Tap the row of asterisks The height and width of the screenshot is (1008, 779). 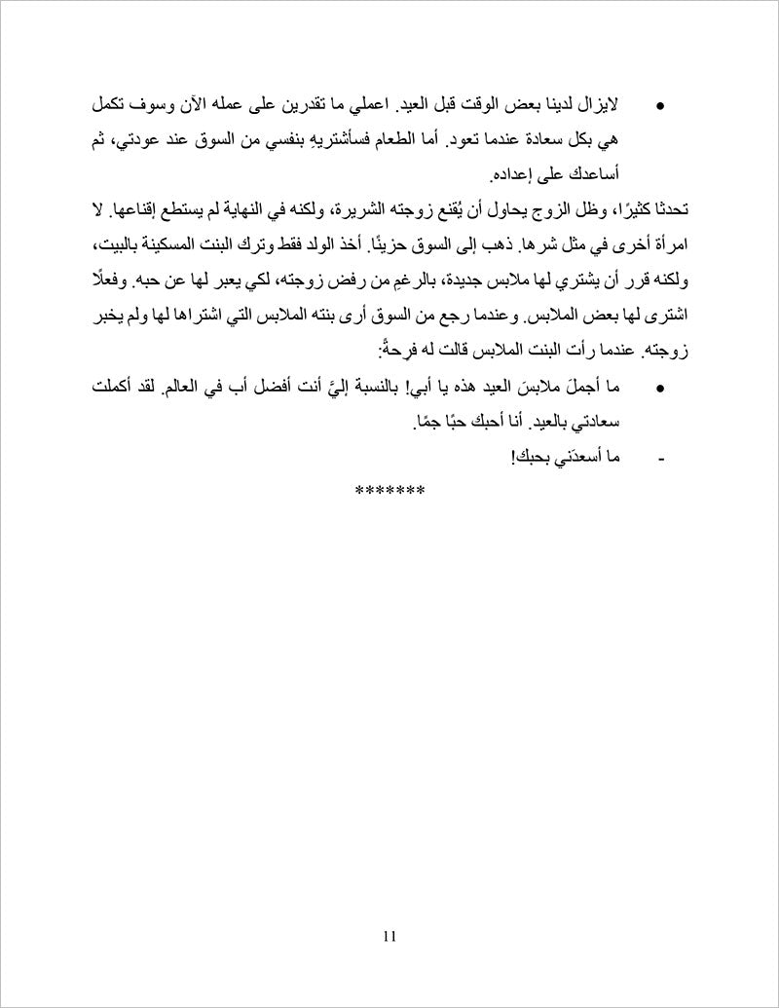tap(389, 490)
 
